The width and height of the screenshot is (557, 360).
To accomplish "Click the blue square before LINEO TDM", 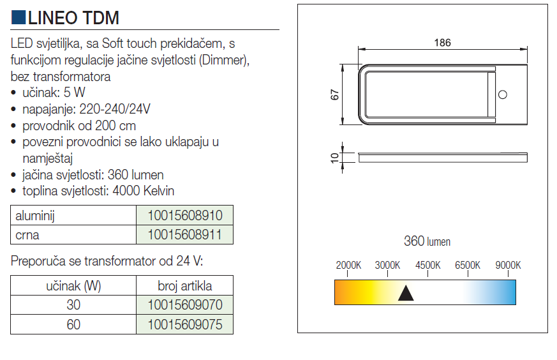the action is click(18, 17).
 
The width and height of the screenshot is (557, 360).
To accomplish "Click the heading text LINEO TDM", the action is click(73, 18).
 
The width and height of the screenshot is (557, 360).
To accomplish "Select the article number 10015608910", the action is click(185, 215).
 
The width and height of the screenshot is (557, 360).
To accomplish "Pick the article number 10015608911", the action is click(185, 234).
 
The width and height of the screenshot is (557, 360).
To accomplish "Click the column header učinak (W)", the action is click(73, 286).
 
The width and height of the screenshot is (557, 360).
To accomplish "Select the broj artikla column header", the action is click(185, 286).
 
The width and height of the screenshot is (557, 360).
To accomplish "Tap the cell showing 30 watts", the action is click(73, 305).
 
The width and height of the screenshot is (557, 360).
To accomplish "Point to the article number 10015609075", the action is click(185, 324).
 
